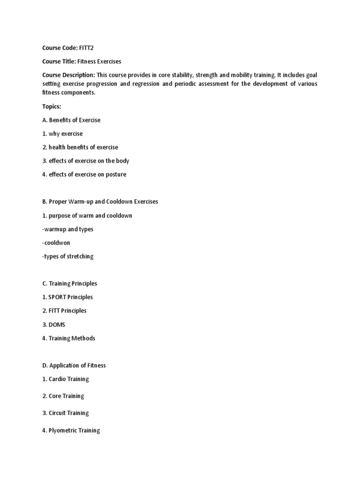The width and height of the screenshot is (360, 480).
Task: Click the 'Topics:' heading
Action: coord(52,106)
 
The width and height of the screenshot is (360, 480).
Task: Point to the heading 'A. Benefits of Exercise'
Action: coord(71,120)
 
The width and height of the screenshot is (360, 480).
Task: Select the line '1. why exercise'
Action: coord(62,134)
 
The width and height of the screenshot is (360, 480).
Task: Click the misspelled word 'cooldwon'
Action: coord(58,243)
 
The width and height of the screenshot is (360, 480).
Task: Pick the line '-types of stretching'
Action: coord(67,256)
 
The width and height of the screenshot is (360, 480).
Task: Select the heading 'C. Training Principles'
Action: coord(69,284)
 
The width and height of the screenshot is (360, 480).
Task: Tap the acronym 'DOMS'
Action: coord(58,324)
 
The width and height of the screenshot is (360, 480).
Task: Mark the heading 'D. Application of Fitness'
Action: coord(74,365)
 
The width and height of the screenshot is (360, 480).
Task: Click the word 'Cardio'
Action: coord(58,379)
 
